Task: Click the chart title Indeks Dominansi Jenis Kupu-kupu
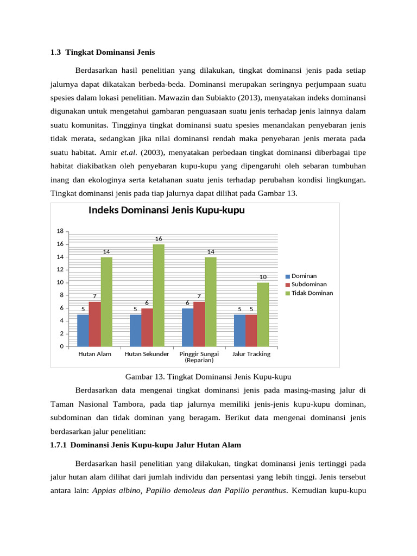pyautogui.click(x=166, y=211)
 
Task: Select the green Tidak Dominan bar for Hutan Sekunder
pyautogui.click(x=159, y=295)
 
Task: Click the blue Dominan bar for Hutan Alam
pyautogui.click(x=83, y=330)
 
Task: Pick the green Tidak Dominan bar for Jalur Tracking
pyautogui.click(x=263, y=314)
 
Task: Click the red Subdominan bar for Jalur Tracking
pyautogui.click(x=251, y=330)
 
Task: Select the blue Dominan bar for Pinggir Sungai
pyautogui.click(x=187, y=327)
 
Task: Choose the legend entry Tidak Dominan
pyautogui.click(x=312, y=293)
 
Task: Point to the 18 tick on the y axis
pyautogui.click(x=60, y=231)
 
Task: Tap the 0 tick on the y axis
pyautogui.click(x=61, y=346)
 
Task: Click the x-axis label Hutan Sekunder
pyautogui.click(x=147, y=354)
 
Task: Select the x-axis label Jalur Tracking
pyautogui.click(x=251, y=354)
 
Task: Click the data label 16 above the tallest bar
pyautogui.click(x=159, y=239)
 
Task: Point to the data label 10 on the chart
pyautogui.click(x=263, y=277)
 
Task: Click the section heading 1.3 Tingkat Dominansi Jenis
pyautogui.click(x=103, y=53)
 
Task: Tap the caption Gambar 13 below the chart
pyautogui.click(x=208, y=376)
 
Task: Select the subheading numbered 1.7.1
pyautogui.click(x=146, y=445)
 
